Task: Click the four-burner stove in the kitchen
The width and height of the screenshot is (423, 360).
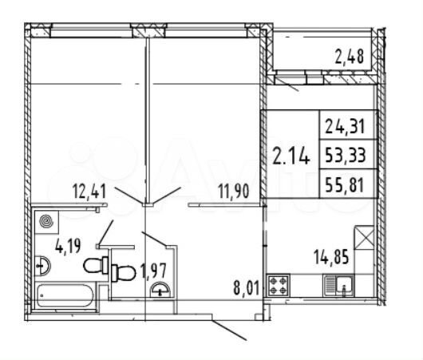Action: tap(280, 286)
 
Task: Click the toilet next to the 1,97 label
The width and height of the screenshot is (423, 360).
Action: tap(121, 272)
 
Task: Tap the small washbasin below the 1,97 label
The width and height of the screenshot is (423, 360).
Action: tap(162, 289)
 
